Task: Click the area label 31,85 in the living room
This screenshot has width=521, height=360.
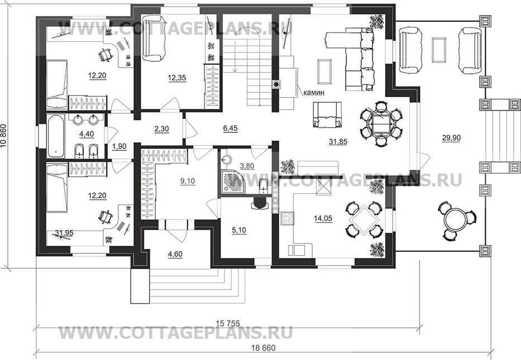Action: coord(338,141)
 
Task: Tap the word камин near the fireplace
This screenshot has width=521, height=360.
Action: coord(314,93)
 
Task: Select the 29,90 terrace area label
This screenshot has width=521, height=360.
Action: coord(451,138)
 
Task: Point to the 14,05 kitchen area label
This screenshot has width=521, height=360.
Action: coord(323,218)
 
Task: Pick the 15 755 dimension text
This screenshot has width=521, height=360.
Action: coord(228,323)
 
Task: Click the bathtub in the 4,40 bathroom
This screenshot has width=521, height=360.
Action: coord(55,136)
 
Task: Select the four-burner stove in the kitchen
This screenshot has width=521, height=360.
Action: coord(288,218)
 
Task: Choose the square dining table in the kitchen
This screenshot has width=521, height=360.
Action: coord(364,219)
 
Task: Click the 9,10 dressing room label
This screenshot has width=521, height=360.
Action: coord(188,181)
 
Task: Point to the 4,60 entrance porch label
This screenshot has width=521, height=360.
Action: coord(175,255)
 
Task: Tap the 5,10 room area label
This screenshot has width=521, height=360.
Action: coord(238,230)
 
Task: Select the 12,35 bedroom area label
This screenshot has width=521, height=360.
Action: coord(177,78)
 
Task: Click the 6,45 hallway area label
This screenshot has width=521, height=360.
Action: coord(230,128)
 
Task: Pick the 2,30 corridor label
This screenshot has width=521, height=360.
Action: coord(162,128)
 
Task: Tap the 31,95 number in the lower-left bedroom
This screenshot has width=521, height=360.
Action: coord(64,233)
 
